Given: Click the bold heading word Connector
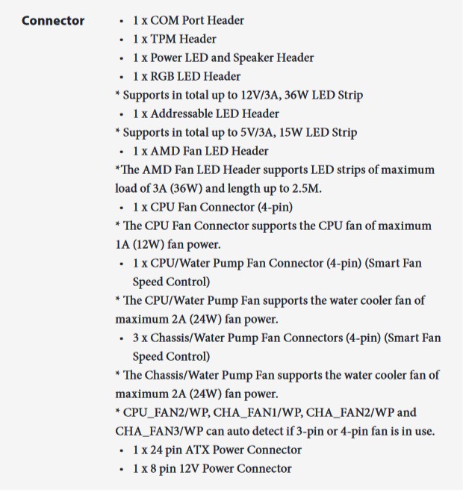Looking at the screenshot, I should tap(53, 20).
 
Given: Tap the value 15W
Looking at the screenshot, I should tap(307, 132).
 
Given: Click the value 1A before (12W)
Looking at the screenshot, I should tap(123, 244).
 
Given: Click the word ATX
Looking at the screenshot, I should tap(192, 450).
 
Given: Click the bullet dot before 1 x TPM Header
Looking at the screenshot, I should tap(122, 40).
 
